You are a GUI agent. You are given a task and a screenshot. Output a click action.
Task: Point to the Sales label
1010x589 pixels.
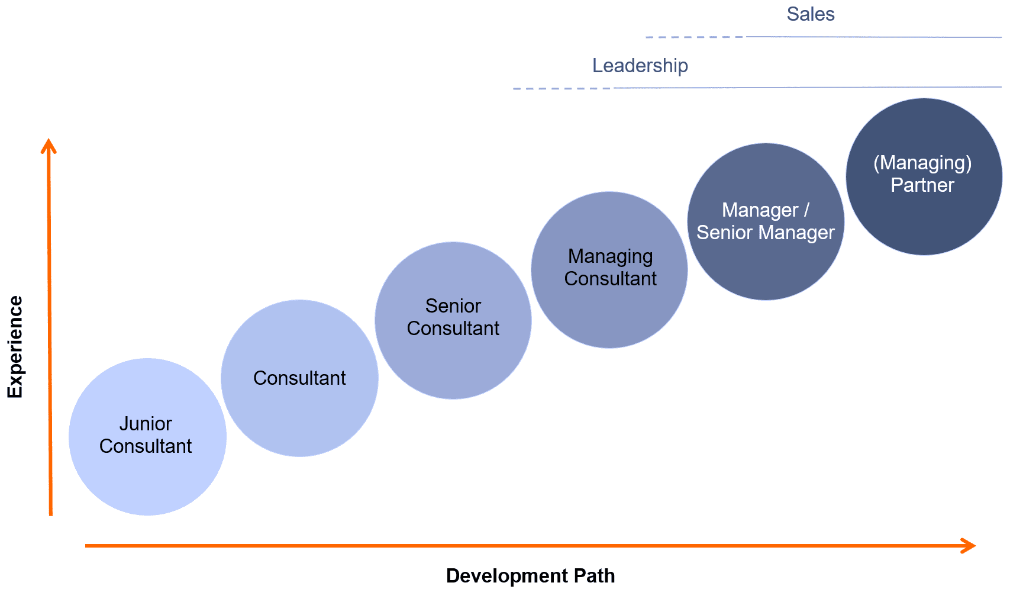(x=811, y=14)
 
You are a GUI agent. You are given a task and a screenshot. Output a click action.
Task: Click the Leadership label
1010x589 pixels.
(x=640, y=66)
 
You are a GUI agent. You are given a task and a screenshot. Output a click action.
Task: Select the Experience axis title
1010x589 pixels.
(x=15, y=347)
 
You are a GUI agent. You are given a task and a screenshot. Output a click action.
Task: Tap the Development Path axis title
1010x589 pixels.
(x=530, y=576)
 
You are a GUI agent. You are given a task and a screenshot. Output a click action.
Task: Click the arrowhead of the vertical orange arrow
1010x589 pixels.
(x=49, y=146)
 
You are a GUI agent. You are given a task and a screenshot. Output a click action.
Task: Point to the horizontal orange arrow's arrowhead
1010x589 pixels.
(x=969, y=546)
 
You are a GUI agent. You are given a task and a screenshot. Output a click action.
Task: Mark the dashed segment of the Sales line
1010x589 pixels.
(x=695, y=37)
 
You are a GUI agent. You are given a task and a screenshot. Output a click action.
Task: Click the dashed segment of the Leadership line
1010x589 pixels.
(x=562, y=89)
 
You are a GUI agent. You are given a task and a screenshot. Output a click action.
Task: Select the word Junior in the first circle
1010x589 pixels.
(x=146, y=424)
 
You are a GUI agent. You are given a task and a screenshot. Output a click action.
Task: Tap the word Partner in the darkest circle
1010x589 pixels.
(x=922, y=185)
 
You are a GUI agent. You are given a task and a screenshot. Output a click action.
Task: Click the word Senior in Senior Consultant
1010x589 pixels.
(x=453, y=306)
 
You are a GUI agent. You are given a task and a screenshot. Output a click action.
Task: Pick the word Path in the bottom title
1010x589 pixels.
(x=595, y=576)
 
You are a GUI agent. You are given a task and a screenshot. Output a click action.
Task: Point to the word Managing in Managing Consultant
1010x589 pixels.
(x=611, y=256)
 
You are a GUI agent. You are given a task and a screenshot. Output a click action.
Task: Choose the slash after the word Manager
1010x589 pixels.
(x=806, y=210)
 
